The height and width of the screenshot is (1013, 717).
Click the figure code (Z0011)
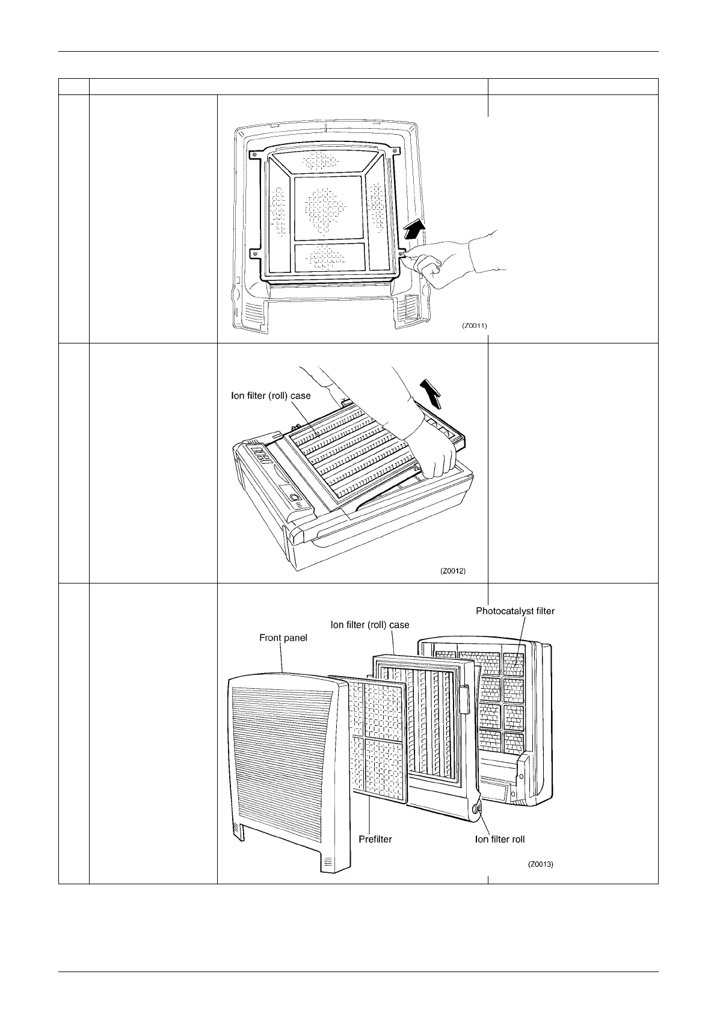tap(474, 325)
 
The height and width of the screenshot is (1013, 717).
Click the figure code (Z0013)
tap(540, 864)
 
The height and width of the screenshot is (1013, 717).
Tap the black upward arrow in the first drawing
tap(414, 229)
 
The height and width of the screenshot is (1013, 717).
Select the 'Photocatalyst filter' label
tap(515, 611)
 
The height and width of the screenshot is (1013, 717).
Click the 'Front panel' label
tap(283, 638)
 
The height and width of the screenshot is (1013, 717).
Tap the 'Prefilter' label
tap(375, 839)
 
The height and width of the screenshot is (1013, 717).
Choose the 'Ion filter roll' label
tap(500, 839)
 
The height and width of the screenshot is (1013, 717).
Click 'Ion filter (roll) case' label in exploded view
tap(370, 624)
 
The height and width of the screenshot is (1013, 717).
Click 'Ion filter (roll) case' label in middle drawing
tap(271, 396)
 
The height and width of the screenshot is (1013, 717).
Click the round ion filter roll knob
tap(477, 809)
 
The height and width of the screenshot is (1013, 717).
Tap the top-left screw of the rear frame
tap(254, 155)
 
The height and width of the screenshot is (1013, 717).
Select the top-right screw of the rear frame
tap(394, 151)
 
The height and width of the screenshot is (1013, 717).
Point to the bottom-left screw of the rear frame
tap(256, 253)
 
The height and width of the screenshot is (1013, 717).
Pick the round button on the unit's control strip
tap(294, 497)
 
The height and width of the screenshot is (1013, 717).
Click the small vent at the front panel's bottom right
tap(328, 861)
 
